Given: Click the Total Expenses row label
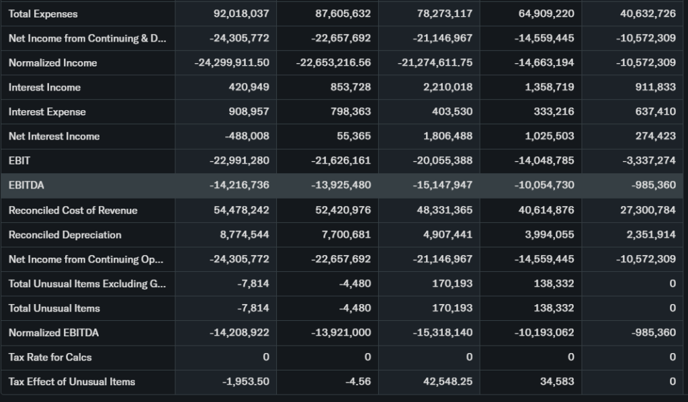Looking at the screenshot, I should [x=43, y=14].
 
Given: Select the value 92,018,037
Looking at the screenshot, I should [x=240, y=14].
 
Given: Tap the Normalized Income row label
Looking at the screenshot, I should [x=52, y=63].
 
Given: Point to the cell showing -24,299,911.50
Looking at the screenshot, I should [x=232, y=63].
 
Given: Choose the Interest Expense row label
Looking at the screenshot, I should [x=47, y=112].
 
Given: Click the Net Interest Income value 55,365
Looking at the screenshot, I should [x=353, y=136].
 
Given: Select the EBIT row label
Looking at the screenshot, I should [x=19, y=161].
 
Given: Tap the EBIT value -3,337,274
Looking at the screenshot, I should [x=646, y=161].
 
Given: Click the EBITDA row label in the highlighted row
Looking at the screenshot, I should [x=26, y=185].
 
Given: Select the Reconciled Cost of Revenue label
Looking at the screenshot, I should [x=73, y=211].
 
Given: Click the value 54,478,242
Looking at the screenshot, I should [x=241, y=211].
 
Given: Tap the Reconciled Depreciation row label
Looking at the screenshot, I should [x=64, y=235].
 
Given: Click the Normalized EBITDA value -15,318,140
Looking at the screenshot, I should [x=442, y=333].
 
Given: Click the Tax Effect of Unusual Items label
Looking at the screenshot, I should [x=72, y=382].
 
